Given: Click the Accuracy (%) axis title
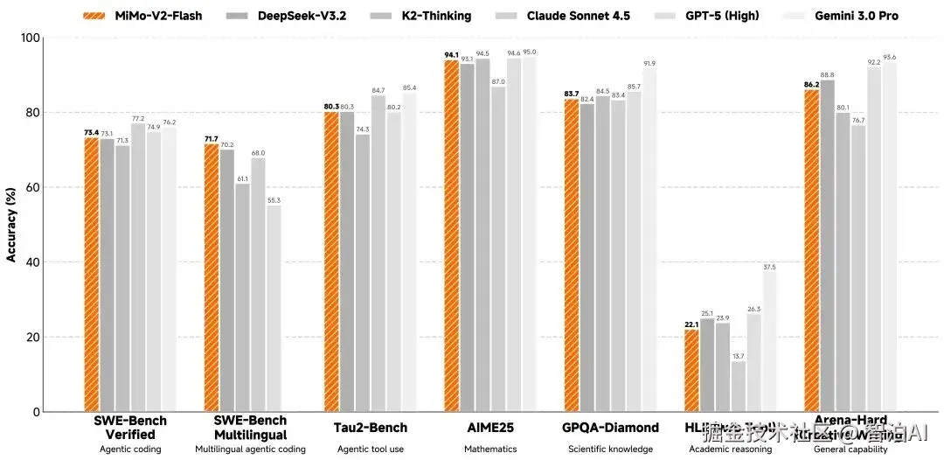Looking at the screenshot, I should coord(11,225).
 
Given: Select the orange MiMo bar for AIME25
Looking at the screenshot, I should coord(452,236).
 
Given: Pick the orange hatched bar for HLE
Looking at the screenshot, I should coord(691,370).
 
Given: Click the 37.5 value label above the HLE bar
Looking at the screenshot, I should coord(769,267).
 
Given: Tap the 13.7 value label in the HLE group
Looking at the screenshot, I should coord(739,356).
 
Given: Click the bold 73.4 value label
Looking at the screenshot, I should coord(91,133).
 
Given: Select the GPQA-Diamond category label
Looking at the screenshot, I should coord(610,428).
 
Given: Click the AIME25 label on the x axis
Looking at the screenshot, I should coord(490,428).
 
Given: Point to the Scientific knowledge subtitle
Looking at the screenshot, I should coord(610,450).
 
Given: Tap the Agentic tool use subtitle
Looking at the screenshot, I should coord(371,450).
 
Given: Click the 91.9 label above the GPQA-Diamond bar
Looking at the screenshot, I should coord(649,64).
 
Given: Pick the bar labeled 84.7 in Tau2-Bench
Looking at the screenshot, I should coord(378,254).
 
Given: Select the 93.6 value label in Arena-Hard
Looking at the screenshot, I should coord(890,57).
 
